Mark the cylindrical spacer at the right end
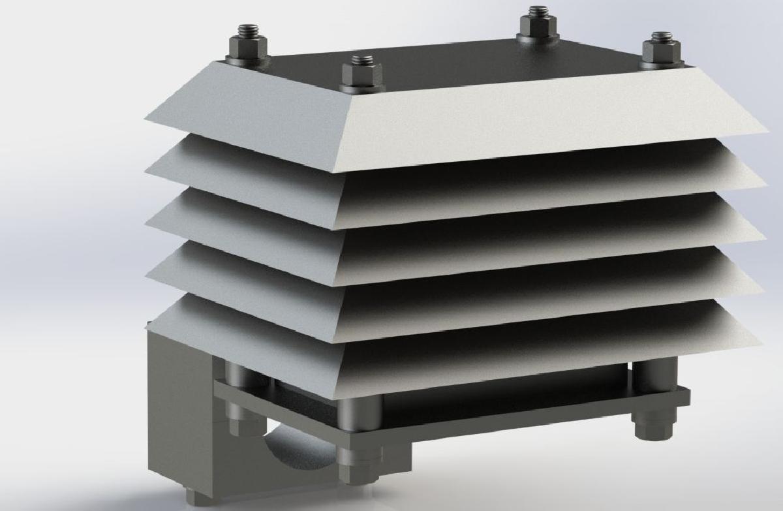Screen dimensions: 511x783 pos(652,375)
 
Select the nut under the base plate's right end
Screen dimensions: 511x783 pos(650,428)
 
